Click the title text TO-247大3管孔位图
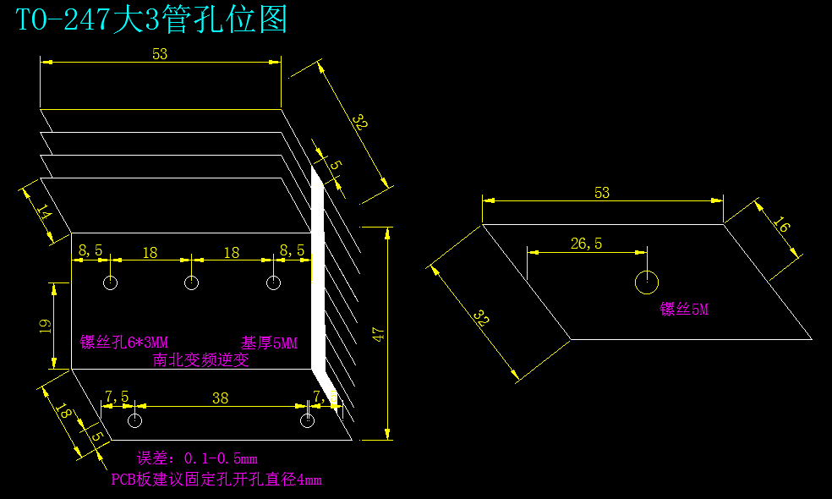click(x=152, y=19)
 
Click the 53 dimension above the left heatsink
click(x=160, y=53)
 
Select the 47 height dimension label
click(x=378, y=333)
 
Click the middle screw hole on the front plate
click(x=192, y=282)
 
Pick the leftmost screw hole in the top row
click(x=110, y=282)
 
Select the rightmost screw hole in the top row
click(x=273, y=282)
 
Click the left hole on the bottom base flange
click(x=134, y=420)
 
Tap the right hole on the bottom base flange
click(x=308, y=420)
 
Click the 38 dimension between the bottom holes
click(x=220, y=398)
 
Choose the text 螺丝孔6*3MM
click(x=124, y=343)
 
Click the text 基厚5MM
click(x=270, y=343)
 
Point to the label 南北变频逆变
click(x=201, y=359)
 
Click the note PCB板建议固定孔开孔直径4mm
click(x=216, y=480)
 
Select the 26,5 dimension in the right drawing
click(x=586, y=244)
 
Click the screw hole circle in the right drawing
click(x=647, y=282)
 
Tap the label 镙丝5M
click(x=684, y=310)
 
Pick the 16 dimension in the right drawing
click(x=781, y=226)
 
